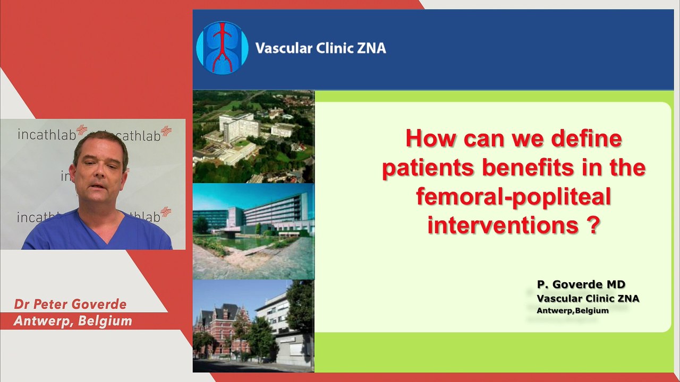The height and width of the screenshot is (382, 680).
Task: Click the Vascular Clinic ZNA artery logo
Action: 222,48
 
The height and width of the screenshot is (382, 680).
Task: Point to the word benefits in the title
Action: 528,168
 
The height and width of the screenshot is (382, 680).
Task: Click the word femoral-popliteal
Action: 513,197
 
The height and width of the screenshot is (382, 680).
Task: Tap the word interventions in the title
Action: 503,225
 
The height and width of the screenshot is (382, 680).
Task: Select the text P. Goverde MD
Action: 581,284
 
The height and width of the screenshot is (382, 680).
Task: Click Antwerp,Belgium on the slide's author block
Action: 573,311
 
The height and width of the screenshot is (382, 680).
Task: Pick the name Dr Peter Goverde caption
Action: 70,304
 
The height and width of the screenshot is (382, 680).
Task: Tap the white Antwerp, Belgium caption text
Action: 73,321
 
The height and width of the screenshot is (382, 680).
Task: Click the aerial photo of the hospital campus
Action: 253,136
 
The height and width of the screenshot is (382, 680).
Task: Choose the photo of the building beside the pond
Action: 253,231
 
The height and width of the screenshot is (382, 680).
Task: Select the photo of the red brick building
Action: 253,326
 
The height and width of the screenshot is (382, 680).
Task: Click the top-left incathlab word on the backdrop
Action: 46,135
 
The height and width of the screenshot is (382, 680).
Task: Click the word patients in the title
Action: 428,168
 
